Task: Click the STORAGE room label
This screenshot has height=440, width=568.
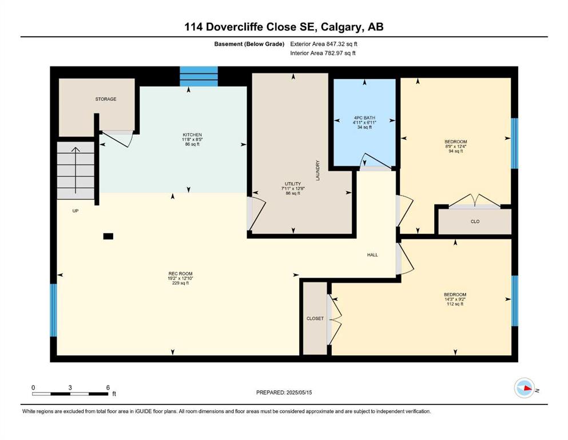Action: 106,99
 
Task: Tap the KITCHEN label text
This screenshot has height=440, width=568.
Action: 192,135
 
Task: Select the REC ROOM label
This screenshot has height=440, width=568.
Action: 180,273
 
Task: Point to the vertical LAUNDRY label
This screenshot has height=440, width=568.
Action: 317,171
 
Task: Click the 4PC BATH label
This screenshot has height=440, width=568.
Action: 364,118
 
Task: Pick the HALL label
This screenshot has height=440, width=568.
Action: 372,255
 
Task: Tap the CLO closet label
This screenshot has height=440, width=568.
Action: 475,222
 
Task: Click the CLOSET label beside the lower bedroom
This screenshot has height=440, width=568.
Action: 315,319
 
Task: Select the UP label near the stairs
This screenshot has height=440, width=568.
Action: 76,211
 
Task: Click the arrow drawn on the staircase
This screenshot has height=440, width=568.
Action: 76,171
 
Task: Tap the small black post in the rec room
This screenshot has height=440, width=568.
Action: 108,237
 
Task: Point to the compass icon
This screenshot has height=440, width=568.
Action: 524,388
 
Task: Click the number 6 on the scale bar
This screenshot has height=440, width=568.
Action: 108,387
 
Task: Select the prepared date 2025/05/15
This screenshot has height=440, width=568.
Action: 299,392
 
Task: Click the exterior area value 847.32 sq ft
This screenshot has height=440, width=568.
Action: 341,44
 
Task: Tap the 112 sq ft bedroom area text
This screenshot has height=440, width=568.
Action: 455,304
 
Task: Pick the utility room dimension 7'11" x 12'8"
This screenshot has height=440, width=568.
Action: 293,188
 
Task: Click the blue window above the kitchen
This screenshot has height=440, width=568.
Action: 199,76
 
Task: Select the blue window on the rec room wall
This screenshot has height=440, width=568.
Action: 53,310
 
